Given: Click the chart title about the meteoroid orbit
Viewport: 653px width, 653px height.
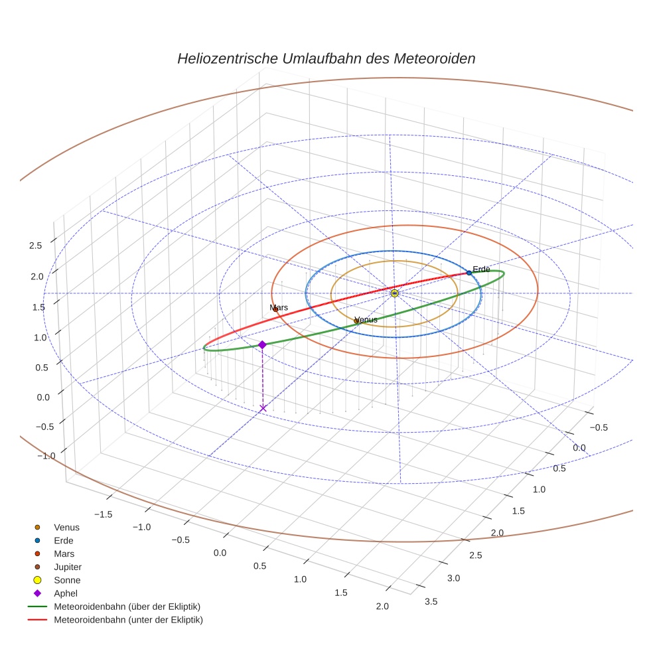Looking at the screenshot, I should coord(326,58).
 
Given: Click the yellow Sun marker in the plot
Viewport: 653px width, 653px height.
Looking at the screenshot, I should coord(395,293).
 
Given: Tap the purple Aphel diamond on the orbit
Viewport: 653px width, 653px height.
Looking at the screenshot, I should coord(262,344).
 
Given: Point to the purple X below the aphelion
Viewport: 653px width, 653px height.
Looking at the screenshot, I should coord(263,408).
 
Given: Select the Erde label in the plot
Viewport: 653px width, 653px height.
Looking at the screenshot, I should coord(481,269).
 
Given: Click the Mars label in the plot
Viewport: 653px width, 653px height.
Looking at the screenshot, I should coord(279,308).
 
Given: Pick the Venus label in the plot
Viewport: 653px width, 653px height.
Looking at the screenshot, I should coord(366,320).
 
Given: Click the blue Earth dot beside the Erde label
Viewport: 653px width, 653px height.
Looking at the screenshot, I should coord(469,273).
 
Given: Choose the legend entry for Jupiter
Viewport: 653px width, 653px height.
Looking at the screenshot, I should coord(67,567).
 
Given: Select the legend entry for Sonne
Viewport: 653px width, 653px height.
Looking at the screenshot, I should coord(67,580).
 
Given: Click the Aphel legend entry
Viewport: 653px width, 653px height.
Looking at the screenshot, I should coord(66,593).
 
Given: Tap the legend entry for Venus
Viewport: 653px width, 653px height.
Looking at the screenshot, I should coord(66,527).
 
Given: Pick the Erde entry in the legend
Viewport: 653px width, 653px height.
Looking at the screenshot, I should coord(64,540).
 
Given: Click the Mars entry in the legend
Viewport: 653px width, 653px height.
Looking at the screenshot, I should coord(64,553).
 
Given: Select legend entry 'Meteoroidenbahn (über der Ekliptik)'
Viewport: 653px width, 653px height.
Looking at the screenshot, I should coord(127,607).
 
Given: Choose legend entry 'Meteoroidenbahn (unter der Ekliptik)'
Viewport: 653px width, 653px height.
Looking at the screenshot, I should coord(128,620).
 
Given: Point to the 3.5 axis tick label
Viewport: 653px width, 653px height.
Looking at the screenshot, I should coord(431,602).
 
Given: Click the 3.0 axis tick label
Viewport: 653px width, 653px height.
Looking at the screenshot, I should coord(453,579).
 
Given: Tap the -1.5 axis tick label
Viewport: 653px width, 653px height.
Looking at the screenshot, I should coord(103,514).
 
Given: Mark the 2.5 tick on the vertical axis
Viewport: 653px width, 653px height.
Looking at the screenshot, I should coord(36,246).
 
